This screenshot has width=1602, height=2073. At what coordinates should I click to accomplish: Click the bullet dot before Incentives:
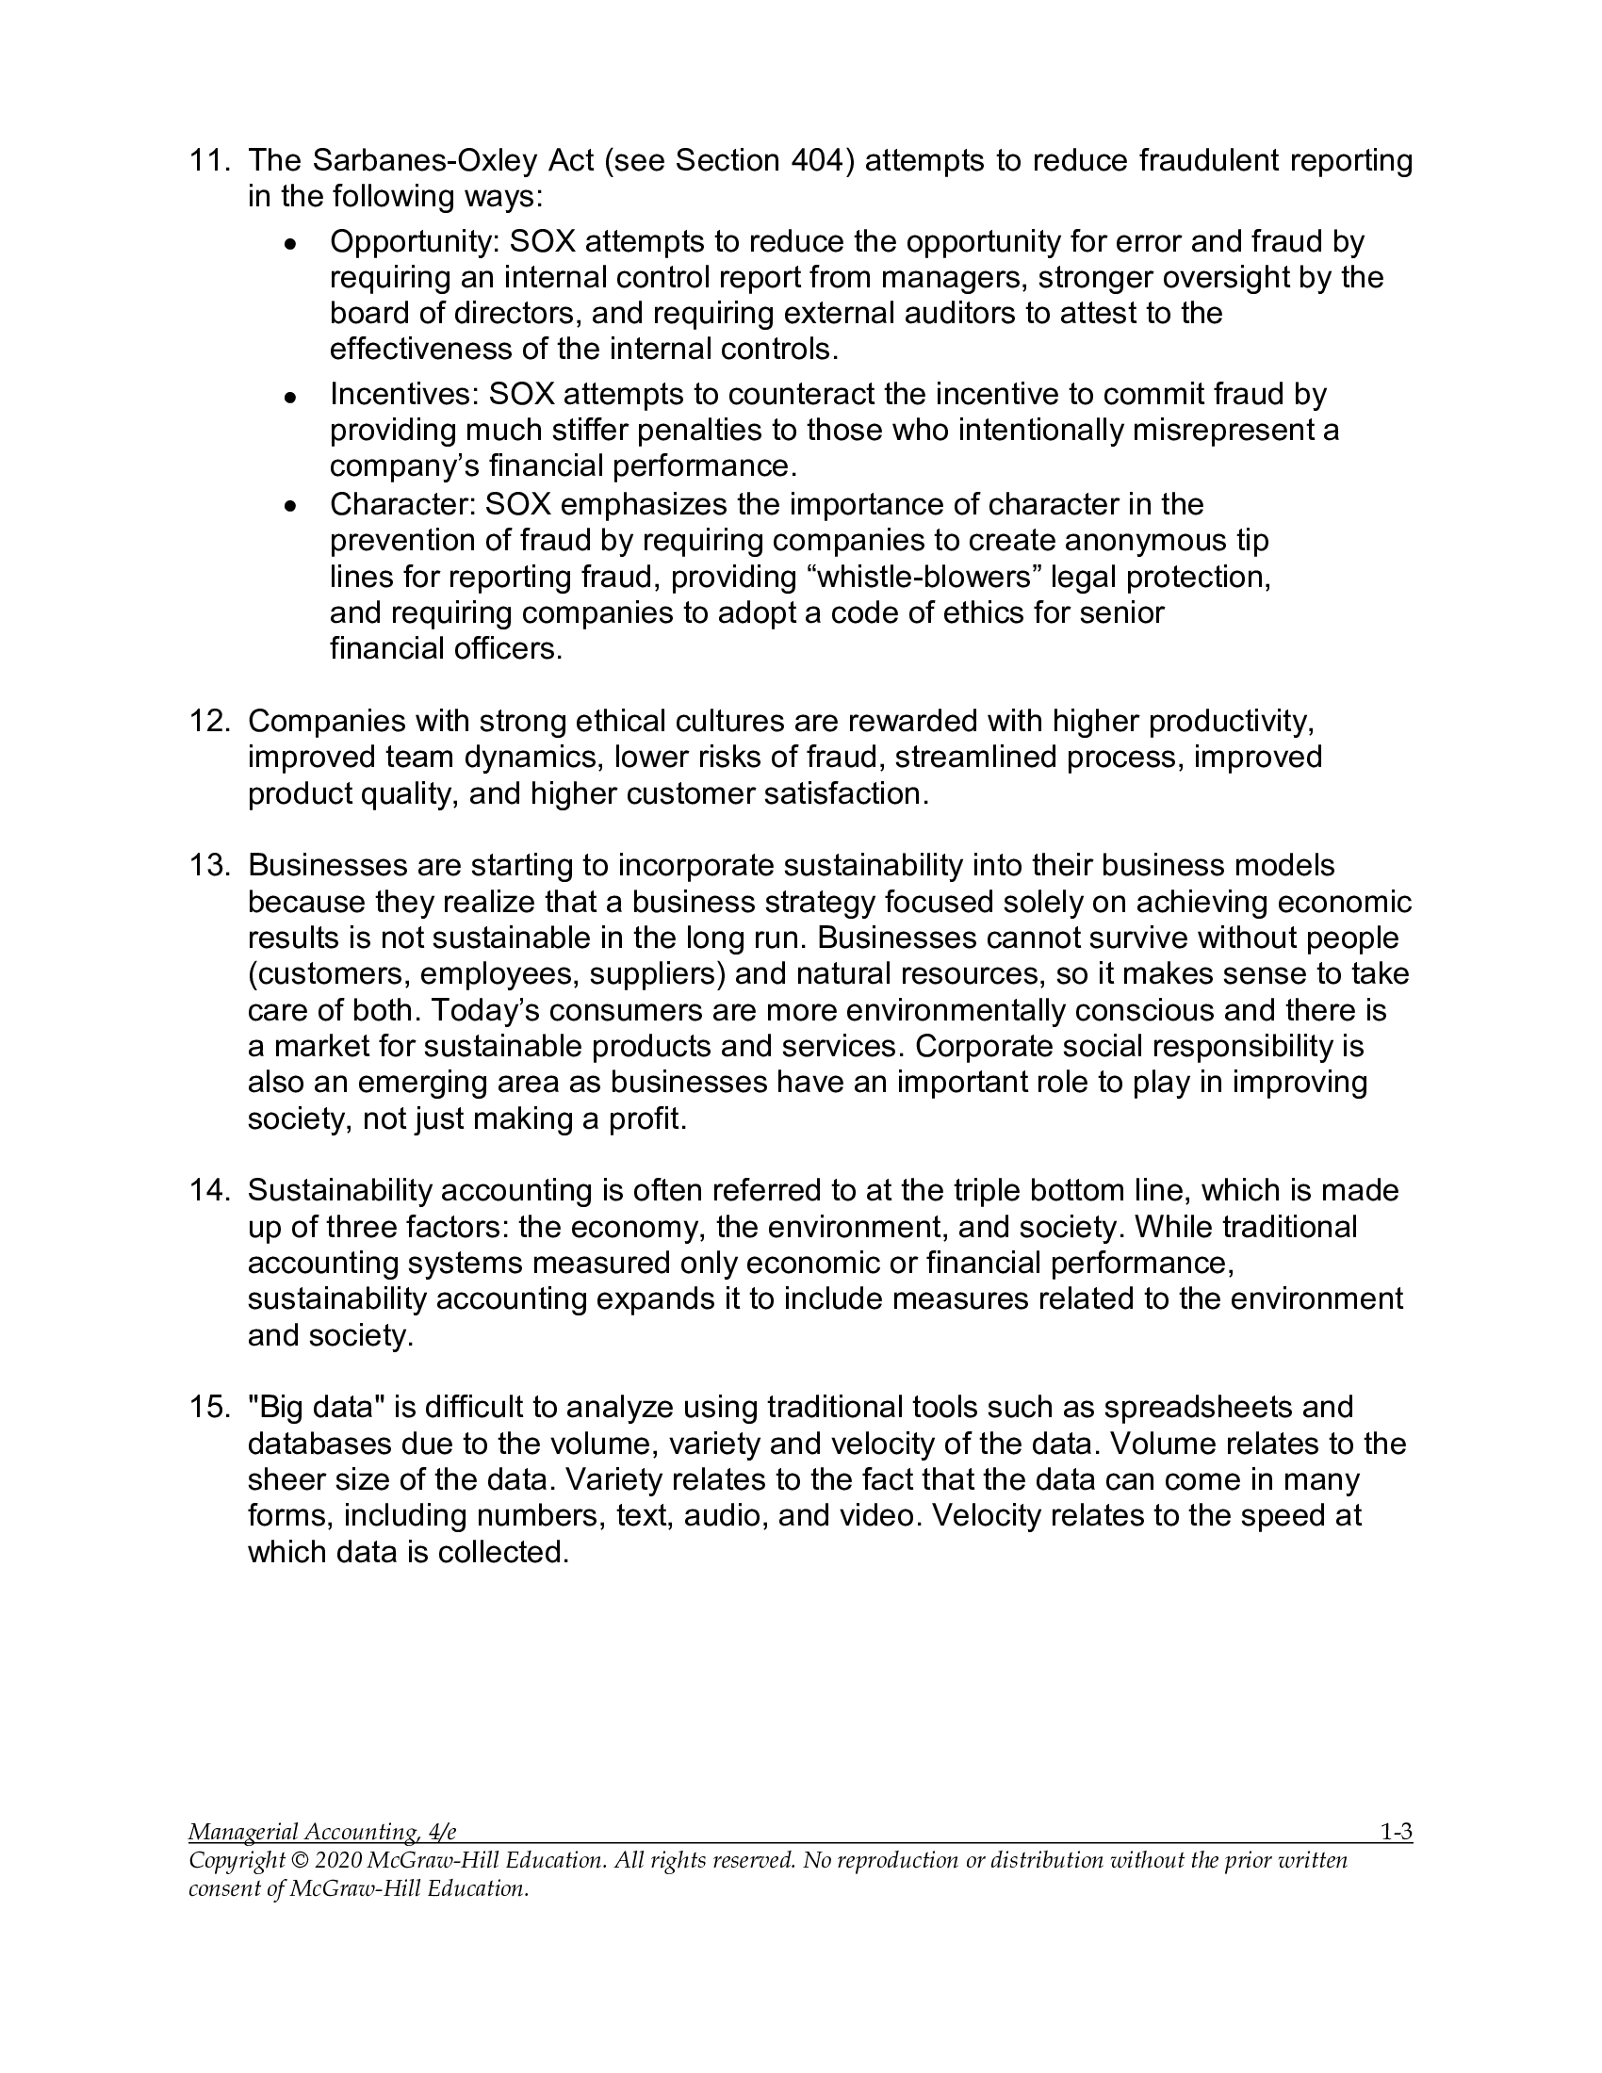(x=291, y=397)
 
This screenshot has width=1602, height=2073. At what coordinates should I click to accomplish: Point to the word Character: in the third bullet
(x=402, y=505)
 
